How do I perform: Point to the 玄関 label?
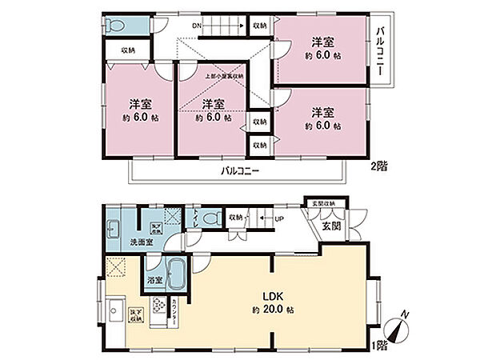coord(332,226)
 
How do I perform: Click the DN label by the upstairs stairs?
coord(197,26)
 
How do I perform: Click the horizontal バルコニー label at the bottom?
coord(239,171)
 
